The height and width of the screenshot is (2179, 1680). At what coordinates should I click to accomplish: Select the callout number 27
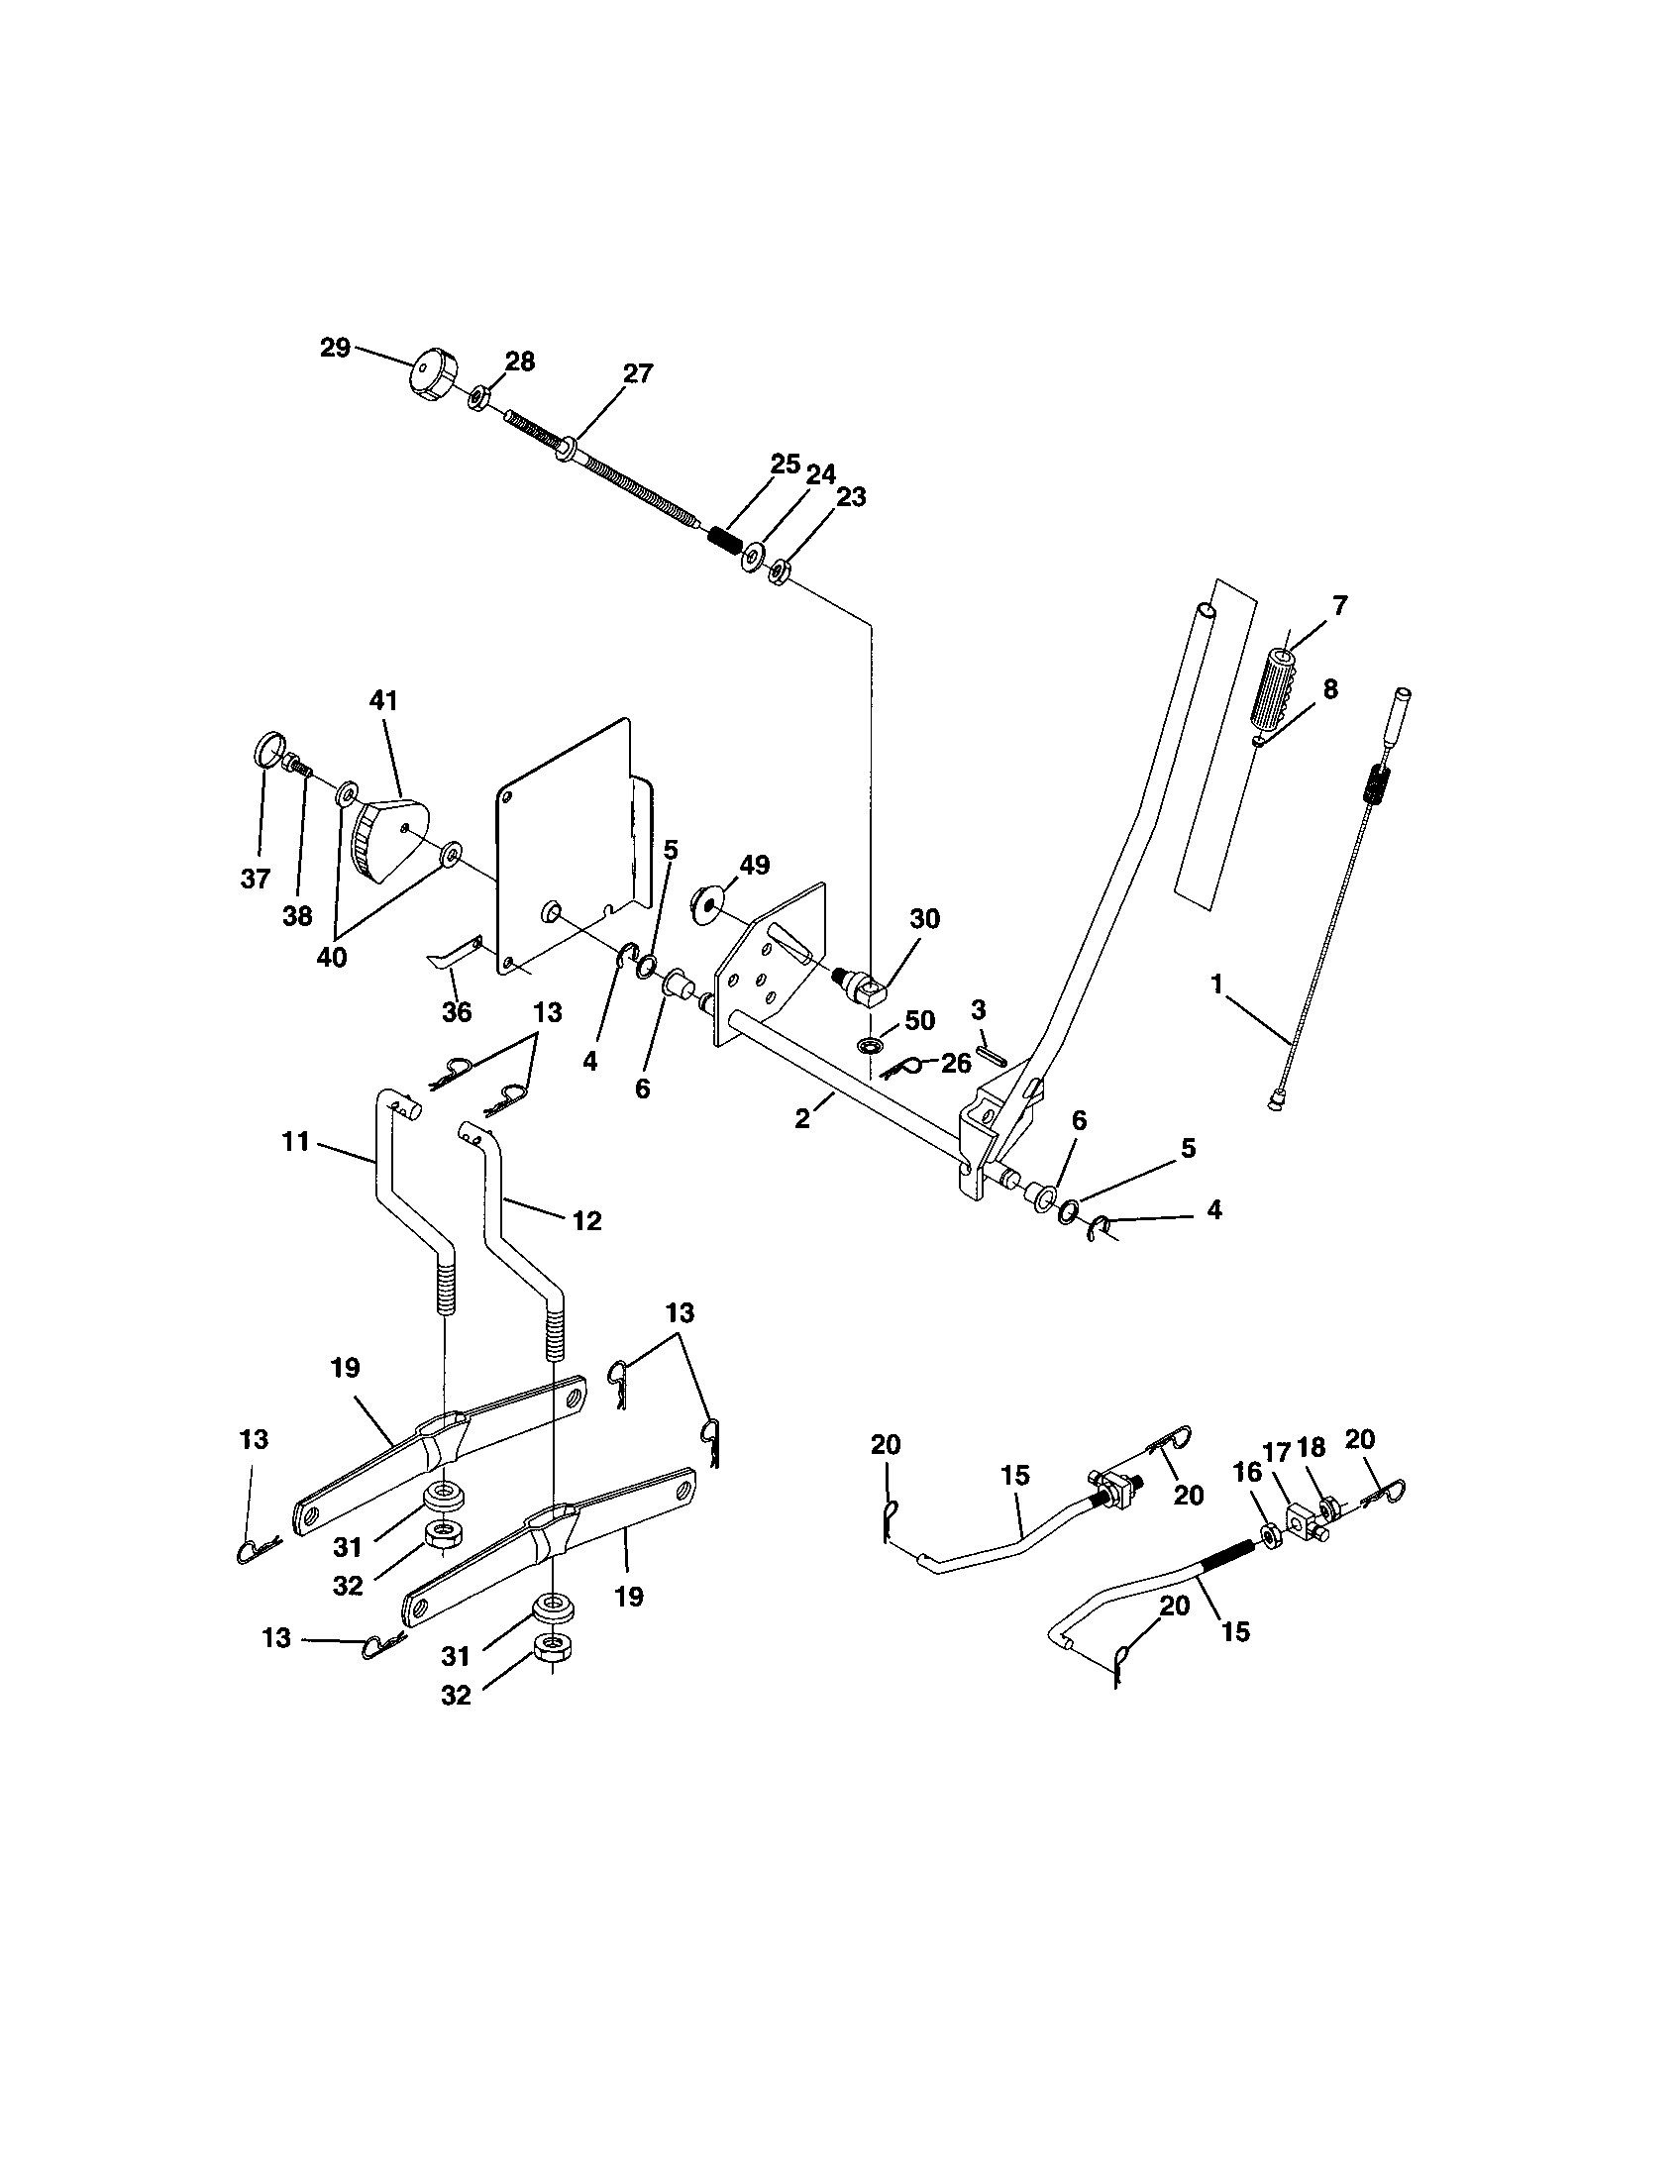point(638,373)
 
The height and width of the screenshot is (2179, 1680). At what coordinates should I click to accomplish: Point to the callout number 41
point(383,701)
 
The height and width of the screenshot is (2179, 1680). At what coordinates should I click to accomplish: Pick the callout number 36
point(456,1011)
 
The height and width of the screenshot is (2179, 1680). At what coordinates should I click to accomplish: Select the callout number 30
point(925,919)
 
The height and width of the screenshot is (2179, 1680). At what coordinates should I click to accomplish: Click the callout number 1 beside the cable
point(1216,985)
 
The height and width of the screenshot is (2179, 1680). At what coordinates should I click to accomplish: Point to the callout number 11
point(296,1141)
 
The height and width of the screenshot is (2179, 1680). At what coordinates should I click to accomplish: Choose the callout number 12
point(587,1220)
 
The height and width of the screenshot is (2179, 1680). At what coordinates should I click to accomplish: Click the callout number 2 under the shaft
point(802,1119)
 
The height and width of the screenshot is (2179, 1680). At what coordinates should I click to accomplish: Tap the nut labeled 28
point(476,399)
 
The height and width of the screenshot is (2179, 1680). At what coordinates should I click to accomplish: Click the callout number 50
point(920,1020)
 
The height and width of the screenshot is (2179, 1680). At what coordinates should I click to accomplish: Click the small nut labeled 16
point(1273,1532)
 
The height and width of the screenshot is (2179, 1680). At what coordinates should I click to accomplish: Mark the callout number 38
point(297,916)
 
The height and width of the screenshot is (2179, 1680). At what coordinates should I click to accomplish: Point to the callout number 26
point(956,1064)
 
